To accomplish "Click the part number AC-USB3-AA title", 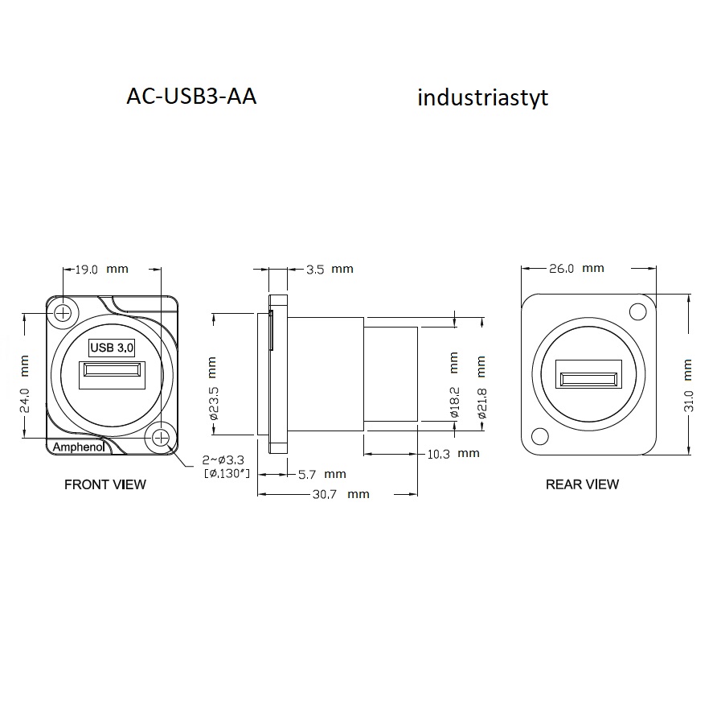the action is click(191, 97).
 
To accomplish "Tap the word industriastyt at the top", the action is click(483, 97).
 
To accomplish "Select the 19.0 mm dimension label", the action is click(101, 270).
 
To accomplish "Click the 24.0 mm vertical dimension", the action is click(25, 384).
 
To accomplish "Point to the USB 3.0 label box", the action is click(112, 348).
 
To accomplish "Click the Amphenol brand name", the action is click(79, 447).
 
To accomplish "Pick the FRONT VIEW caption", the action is click(105, 484).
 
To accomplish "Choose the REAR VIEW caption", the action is click(582, 484).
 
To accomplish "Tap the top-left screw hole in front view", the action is click(63, 313).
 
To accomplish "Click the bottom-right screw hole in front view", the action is click(161, 438).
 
